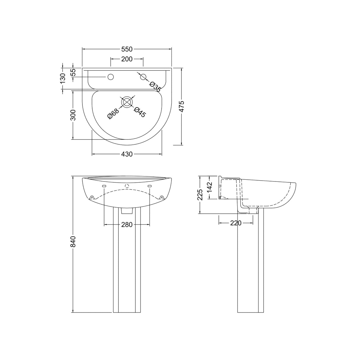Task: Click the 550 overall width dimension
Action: click(127, 49)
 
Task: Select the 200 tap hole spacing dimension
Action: click(127, 59)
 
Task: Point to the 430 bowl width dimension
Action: click(127, 154)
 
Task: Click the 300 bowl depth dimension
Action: click(73, 115)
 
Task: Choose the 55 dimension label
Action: click(73, 72)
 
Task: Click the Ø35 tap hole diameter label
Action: click(155, 86)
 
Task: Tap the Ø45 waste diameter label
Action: click(140, 112)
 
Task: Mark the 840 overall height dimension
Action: click(73, 242)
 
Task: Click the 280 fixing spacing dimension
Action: click(127, 224)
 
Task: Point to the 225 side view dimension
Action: click(200, 195)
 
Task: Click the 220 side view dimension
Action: click(236, 223)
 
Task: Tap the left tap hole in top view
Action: click(111, 77)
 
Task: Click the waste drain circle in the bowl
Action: click(127, 102)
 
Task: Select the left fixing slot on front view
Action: click(104, 186)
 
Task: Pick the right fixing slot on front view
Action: click(149, 186)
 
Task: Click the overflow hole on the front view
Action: click(127, 186)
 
